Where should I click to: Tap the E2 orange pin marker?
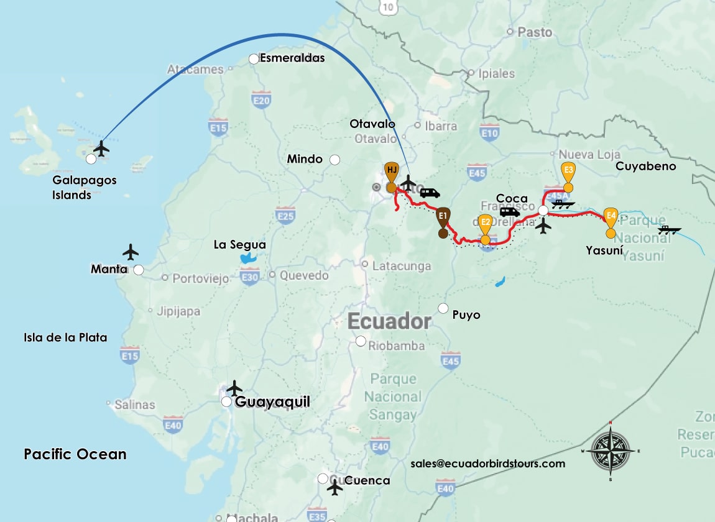click(x=485, y=222)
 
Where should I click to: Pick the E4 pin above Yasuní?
click(x=611, y=217)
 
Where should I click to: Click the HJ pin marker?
click(x=391, y=171)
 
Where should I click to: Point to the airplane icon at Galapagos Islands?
click(x=101, y=149)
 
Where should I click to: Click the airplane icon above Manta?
click(x=131, y=252)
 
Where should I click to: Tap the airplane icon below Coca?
click(x=543, y=226)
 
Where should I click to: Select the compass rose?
click(x=611, y=451)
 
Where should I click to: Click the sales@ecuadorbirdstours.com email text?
click(x=488, y=464)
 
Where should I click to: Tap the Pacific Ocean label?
click(x=75, y=454)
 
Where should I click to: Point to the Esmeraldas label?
click(x=292, y=58)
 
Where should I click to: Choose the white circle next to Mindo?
click(x=334, y=160)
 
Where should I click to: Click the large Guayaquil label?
click(x=272, y=402)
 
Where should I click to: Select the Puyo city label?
click(x=466, y=314)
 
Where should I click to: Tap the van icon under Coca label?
click(x=510, y=212)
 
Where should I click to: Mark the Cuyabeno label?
click(x=645, y=166)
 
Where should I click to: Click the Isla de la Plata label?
click(x=65, y=337)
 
